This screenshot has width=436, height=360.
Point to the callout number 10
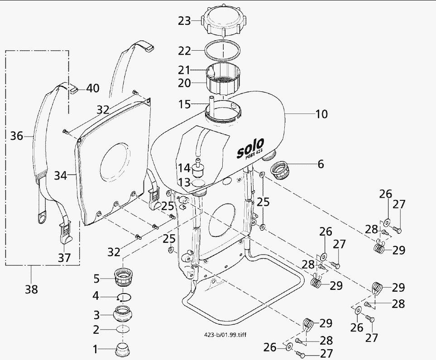click(x=321, y=114)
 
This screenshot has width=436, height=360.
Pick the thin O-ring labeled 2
click(x=123, y=329)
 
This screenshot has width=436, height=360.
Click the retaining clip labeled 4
click(x=124, y=297)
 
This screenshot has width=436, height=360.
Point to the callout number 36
click(x=17, y=135)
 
